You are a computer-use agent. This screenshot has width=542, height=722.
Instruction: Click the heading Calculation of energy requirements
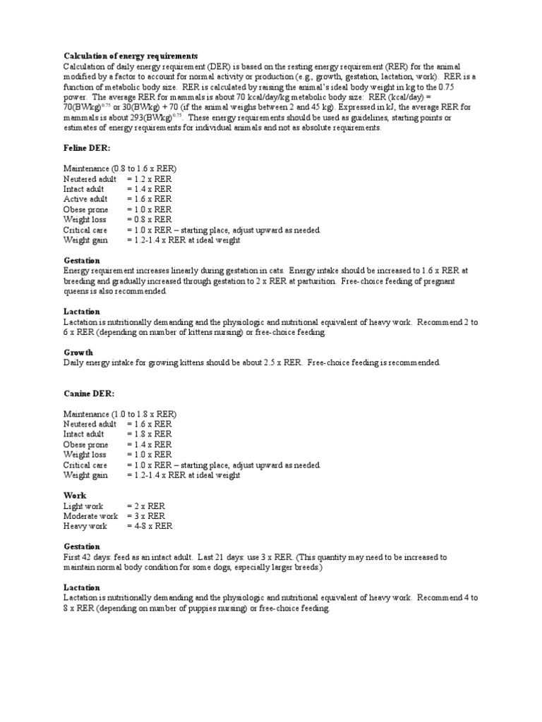131,56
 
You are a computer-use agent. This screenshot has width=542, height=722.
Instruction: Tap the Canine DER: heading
88,393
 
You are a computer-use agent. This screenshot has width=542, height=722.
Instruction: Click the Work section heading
74,496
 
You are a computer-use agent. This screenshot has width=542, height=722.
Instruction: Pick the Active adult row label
86,200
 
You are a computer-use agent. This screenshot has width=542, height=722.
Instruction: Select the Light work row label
83,506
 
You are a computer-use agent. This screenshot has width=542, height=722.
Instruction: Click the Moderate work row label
91,516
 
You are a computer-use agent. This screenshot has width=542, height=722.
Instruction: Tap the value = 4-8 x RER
150,526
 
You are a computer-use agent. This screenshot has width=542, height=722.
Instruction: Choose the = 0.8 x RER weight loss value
149,219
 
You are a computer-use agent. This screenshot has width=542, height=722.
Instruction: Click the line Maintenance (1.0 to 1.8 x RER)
120,413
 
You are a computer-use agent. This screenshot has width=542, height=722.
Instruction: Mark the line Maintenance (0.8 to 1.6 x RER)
120,169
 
